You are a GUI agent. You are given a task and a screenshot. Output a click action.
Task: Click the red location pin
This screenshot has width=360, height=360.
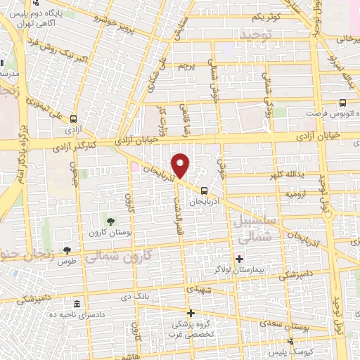point(181,166)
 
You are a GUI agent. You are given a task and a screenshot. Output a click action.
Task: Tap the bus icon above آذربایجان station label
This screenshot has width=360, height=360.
point(204,190)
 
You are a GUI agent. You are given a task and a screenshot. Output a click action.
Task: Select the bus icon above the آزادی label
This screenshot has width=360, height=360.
point(74,120)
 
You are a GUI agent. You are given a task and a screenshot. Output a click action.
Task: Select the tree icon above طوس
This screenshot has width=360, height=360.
point(67,250)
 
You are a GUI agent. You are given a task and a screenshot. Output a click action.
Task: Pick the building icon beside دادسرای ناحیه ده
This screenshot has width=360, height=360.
point(76,304)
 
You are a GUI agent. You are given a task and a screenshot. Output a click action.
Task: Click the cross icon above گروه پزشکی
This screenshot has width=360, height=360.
point(190,313)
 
